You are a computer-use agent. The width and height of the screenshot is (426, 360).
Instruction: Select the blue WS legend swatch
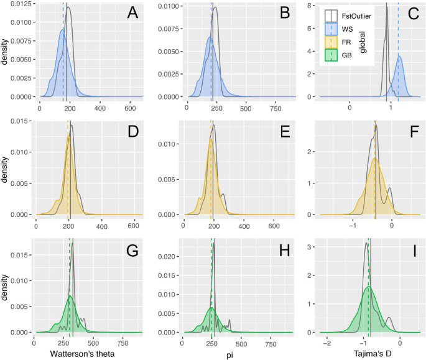coord(331,29)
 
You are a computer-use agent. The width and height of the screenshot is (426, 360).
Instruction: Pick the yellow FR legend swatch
coord(331,42)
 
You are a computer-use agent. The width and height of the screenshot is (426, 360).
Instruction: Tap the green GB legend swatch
coord(331,56)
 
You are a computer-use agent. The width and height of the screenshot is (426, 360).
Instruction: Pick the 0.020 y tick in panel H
coord(167,256)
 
